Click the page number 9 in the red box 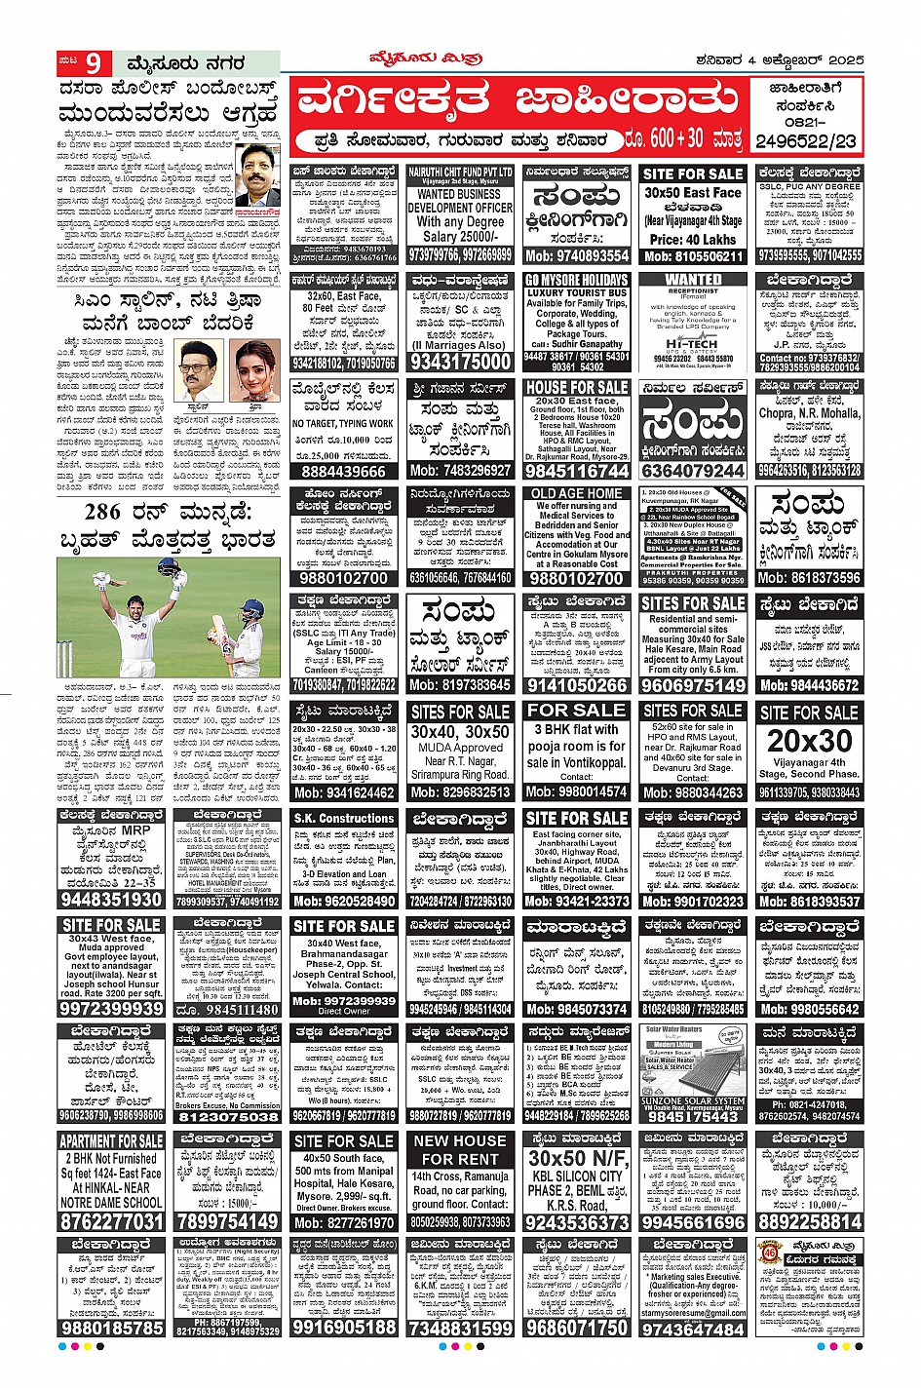point(94,63)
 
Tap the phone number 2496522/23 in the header point(808,141)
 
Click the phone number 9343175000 point(460,362)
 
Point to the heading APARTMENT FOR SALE point(111,1140)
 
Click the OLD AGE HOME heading point(576,493)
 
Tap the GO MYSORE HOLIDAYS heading point(576,280)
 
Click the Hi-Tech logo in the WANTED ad point(692,344)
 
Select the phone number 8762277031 point(111,1221)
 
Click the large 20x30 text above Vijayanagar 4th point(809,740)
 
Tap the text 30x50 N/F point(576,1158)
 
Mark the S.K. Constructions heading point(344,818)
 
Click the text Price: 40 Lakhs point(692,239)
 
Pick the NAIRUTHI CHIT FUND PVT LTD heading point(460,173)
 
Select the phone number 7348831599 point(460,1328)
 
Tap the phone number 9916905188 point(344,1327)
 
